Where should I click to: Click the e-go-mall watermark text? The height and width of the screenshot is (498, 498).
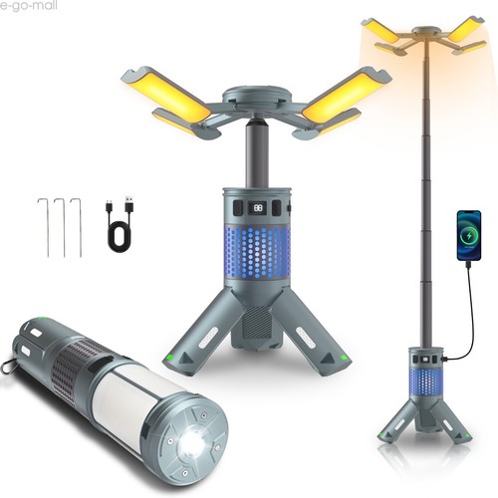tap(29, 6)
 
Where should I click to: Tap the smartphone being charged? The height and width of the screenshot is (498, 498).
tap(469, 235)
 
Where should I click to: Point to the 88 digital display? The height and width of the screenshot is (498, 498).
tap(257, 208)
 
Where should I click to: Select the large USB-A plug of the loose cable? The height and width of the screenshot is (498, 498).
tap(130, 203)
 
